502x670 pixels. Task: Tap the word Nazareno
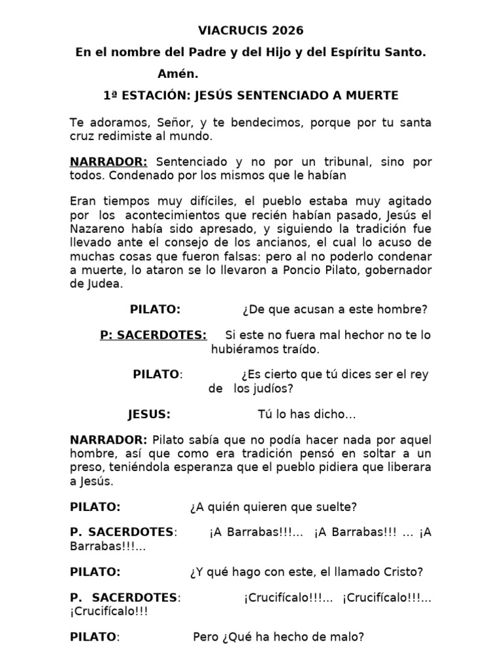(94, 229)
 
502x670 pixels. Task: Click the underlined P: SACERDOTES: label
(154, 335)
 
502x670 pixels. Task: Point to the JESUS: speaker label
(149, 414)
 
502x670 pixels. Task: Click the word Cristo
(406, 571)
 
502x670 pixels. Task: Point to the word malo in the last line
(347, 637)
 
